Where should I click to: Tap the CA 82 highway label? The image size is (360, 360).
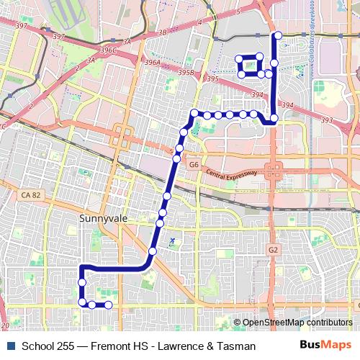click(31, 194)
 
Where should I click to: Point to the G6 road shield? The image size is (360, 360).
click(193, 165)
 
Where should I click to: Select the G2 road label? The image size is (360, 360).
click(273, 250)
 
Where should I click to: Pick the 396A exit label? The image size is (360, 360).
click(152, 63)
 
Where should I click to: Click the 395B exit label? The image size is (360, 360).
click(186, 73)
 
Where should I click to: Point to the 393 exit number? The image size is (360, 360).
click(327, 120)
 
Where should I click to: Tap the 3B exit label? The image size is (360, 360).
click(162, 32)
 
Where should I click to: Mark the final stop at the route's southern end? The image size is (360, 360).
click(108, 305)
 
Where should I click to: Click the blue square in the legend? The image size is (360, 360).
click(8, 346)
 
